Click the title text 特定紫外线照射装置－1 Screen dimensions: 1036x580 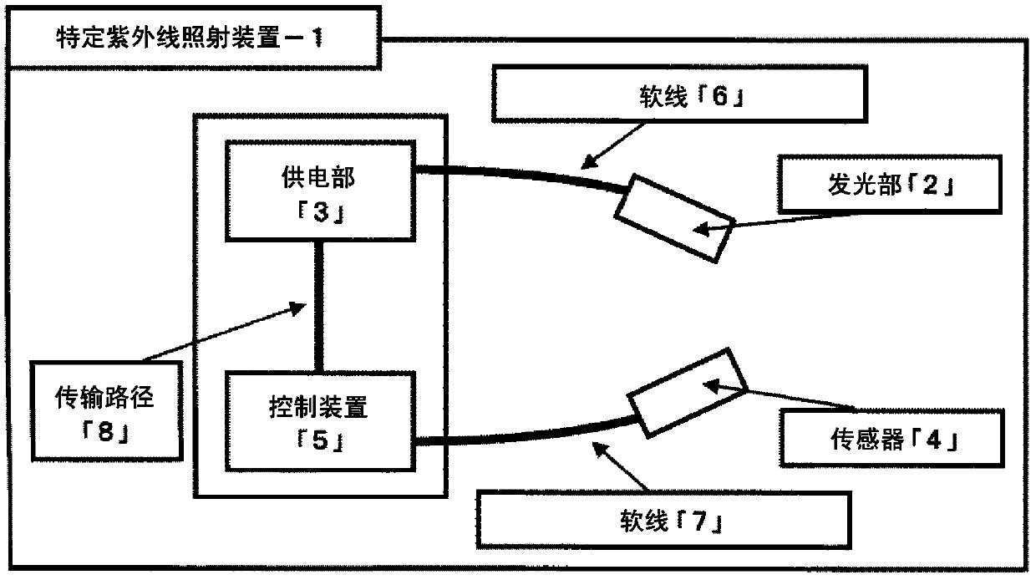[190, 38]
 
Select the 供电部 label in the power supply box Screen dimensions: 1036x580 [318, 178]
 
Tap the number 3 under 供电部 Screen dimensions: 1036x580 [321, 212]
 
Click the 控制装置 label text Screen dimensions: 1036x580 [318, 407]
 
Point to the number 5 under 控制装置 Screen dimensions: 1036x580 [321, 440]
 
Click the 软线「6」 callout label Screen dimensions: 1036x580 [692, 97]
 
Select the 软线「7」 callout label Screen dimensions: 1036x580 [671, 521]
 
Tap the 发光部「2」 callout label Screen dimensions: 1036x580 [891, 185]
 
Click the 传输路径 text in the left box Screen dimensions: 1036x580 [104, 397]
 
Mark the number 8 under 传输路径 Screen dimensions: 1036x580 [105, 432]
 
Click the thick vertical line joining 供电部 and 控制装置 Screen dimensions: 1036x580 [318, 306]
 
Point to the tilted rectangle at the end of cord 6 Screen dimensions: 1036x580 [674, 218]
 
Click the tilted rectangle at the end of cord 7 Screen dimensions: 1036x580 [687, 393]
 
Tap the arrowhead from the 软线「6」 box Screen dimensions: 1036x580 [589, 161]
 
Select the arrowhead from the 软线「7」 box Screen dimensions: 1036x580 [601, 450]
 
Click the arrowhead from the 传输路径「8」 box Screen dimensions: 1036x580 [297, 308]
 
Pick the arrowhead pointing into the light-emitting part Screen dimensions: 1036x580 [701, 228]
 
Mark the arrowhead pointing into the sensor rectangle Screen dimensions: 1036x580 [711, 386]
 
